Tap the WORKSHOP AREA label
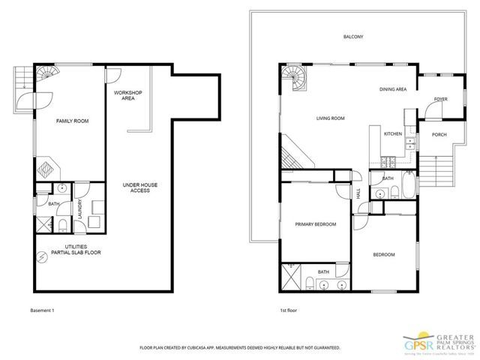[x=127, y=95]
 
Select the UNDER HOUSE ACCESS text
[x=140, y=187]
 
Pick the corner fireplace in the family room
[x=46, y=166]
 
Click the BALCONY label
[x=353, y=36]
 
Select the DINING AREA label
[x=393, y=89]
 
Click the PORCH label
[x=439, y=135]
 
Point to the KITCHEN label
[x=394, y=133]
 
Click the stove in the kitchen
[x=389, y=161]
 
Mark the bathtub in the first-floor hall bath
[x=408, y=186]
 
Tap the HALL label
[x=358, y=193]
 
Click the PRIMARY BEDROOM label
[x=315, y=224]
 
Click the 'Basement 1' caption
[x=42, y=310]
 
